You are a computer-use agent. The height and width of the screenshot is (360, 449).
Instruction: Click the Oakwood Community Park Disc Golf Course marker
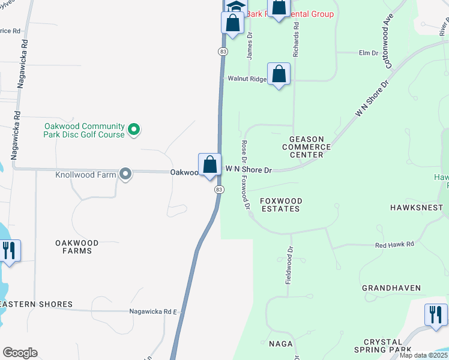pos(135,128)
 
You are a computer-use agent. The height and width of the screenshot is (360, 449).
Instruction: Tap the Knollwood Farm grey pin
pos(125,174)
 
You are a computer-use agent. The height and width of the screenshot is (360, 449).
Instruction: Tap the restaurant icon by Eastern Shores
pos(8,250)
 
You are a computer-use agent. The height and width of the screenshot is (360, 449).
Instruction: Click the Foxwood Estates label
pos(280,205)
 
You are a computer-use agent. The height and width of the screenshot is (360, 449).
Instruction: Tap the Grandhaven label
pos(391,288)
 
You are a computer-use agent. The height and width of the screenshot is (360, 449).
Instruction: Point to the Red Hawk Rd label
pos(394,245)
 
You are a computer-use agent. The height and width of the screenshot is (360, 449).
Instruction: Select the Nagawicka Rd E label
pos(153,312)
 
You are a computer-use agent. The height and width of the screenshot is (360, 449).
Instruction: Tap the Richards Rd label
pos(295,41)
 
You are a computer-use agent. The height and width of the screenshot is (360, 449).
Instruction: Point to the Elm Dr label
pos(368,53)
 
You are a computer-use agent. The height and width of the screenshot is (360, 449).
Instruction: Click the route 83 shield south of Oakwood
pos(219,189)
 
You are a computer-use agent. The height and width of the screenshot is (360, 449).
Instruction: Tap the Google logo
pos(20,353)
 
